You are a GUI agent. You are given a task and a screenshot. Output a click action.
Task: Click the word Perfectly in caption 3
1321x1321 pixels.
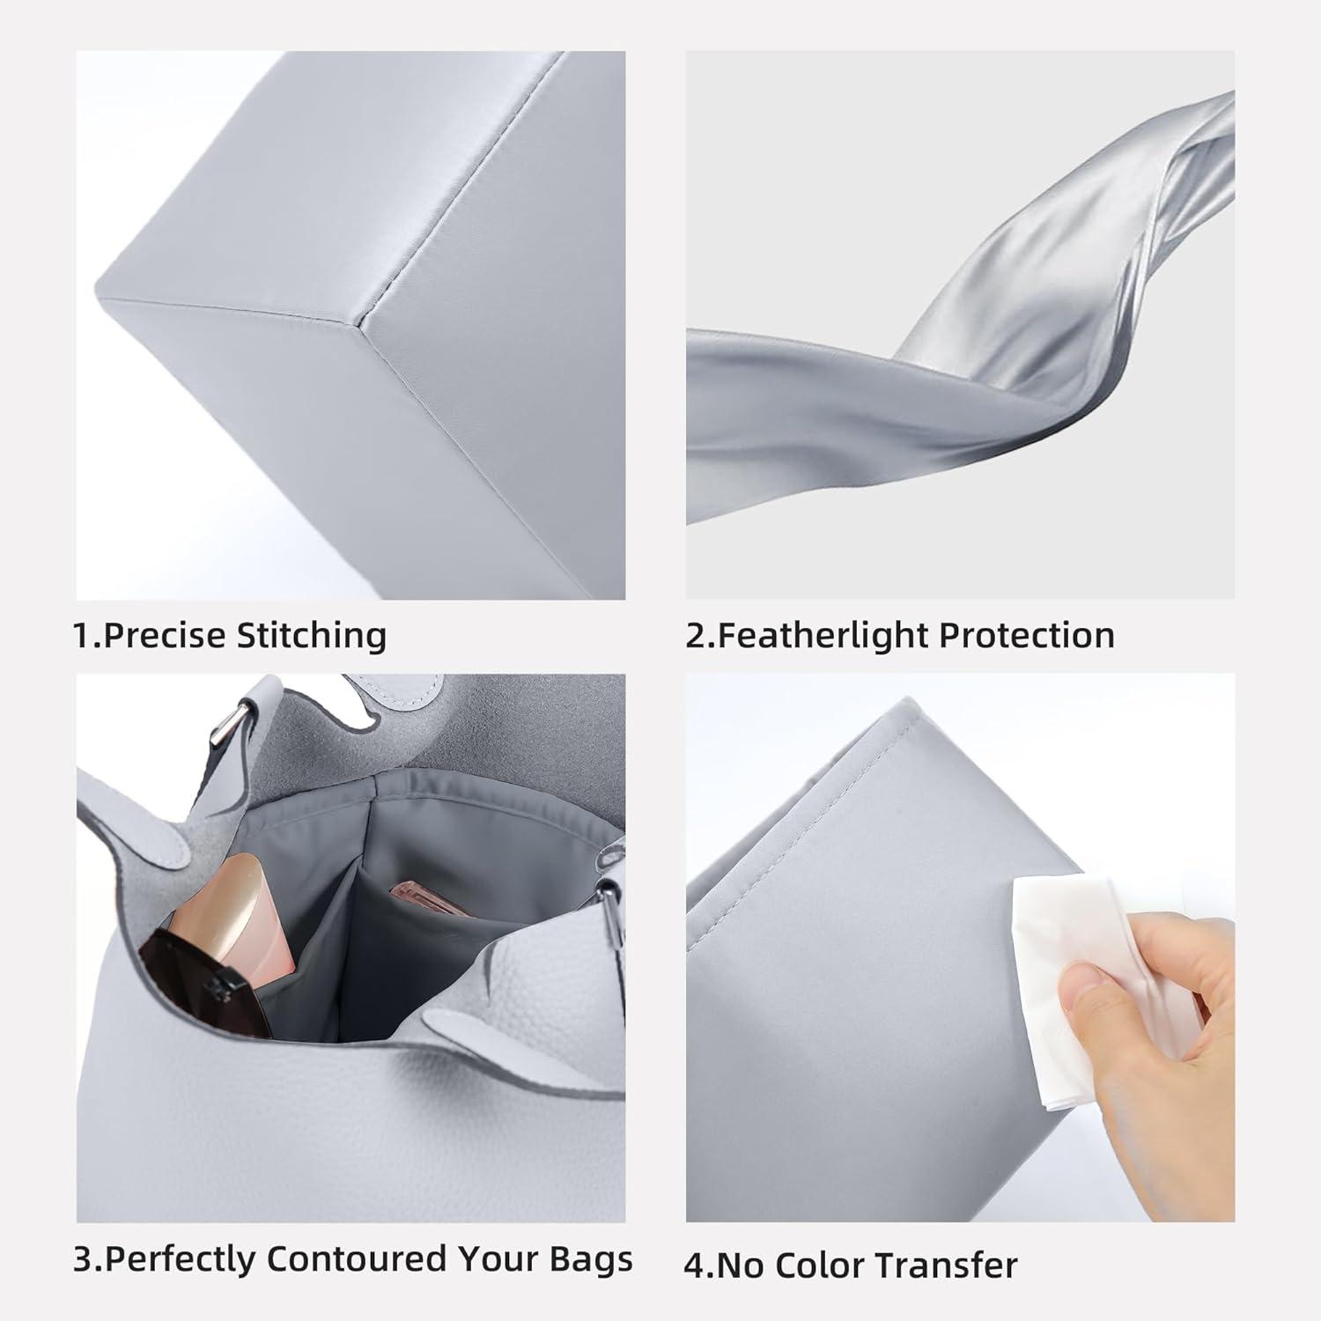[x=181, y=1259]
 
